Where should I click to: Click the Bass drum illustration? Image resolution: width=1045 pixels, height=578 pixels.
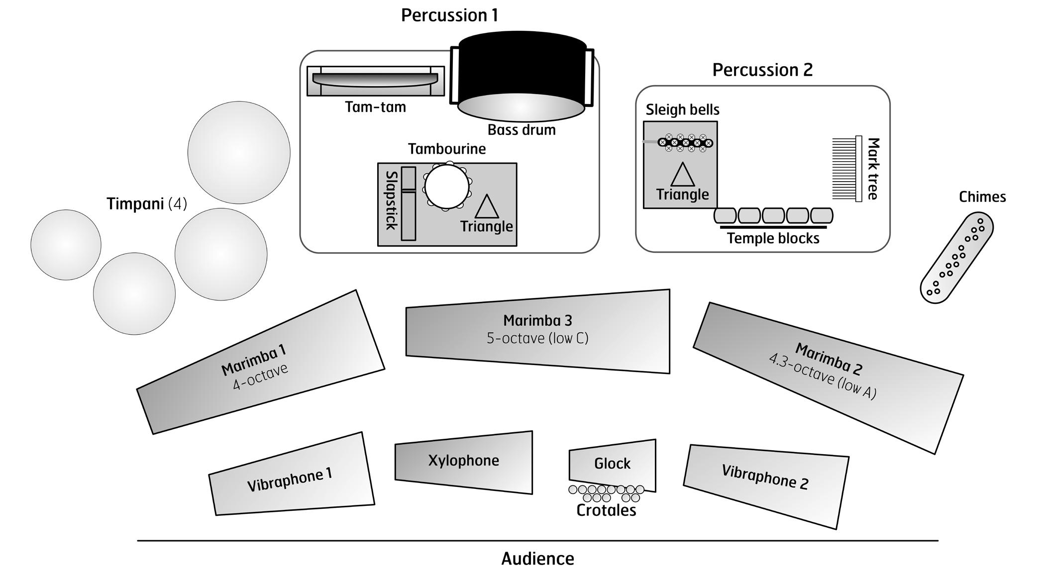pos(521,75)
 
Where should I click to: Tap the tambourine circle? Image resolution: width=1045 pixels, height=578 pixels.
pos(447,187)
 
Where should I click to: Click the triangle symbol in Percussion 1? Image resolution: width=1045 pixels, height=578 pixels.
pos(486,207)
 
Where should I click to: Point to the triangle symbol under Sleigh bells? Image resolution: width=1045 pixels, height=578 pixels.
pos(682,176)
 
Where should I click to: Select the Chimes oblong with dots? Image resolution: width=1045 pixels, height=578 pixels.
pos(956,257)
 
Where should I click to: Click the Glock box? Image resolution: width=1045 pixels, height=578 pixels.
pos(613,464)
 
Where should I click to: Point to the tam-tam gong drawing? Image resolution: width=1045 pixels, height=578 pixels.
pos(375,80)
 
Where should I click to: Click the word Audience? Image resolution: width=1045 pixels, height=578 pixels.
pos(537,559)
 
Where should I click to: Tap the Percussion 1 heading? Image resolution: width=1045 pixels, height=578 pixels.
pos(449,15)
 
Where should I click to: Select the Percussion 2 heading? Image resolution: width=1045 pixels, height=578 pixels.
pos(762,70)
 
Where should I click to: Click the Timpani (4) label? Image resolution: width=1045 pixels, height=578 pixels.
pos(147,204)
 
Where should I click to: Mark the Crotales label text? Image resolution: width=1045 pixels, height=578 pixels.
pos(606,510)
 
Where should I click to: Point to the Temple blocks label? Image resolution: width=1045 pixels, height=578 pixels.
pos(773,238)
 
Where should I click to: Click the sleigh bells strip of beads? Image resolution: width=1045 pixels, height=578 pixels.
pos(686,143)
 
